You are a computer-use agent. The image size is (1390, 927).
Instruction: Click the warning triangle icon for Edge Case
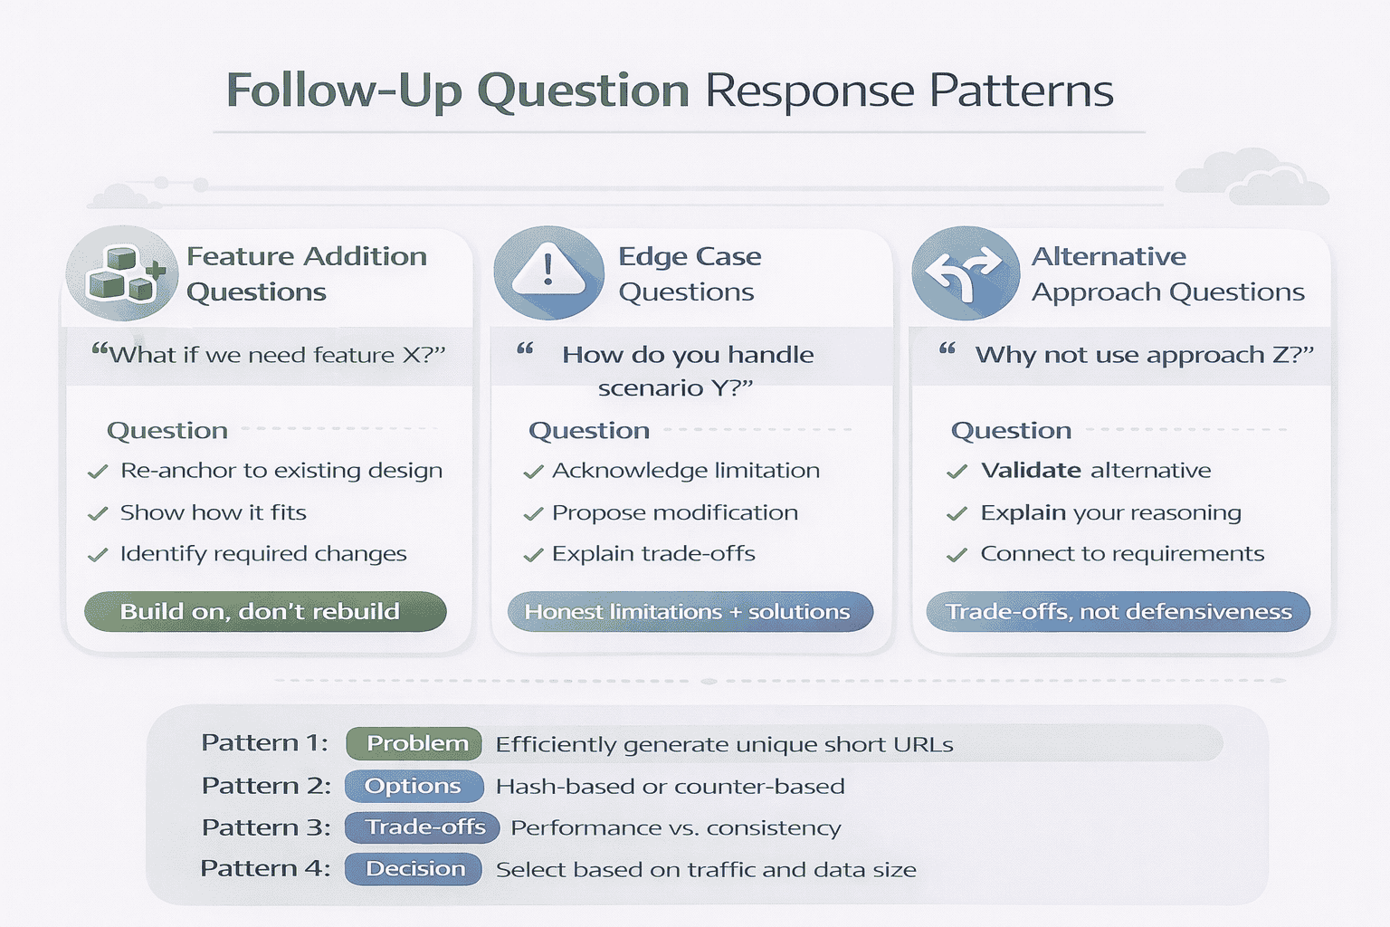[x=548, y=272]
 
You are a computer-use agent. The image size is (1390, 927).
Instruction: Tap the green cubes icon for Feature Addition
[x=122, y=272]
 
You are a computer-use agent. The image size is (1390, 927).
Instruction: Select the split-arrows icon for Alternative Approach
[x=966, y=272]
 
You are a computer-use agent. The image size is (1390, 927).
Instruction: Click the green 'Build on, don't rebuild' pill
[x=265, y=612]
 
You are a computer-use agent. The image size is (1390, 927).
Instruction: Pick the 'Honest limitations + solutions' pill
[x=690, y=612]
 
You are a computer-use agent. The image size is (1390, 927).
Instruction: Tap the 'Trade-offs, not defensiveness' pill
[x=1118, y=612]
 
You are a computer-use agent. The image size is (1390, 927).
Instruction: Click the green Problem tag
[x=414, y=743]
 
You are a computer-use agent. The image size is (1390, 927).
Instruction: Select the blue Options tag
[x=414, y=786]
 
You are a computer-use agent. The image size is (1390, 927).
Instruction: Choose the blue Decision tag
[x=414, y=869]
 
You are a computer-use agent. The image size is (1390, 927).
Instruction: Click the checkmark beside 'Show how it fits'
[x=98, y=514]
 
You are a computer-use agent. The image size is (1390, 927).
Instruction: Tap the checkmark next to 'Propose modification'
[x=533, y=514]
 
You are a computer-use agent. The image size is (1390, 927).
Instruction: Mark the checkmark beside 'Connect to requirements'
[x=957, y=555]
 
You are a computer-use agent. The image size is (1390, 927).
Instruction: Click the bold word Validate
[x=1030, y=471]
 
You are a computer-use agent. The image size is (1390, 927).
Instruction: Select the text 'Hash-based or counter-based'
[x=670, y=787]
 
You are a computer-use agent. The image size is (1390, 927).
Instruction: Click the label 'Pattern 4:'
[x=264, y=869]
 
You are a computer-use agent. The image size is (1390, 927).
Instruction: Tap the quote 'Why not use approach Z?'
[x=1143, y=355]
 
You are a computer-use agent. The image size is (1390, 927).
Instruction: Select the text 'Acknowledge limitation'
[x=685, y=471]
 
